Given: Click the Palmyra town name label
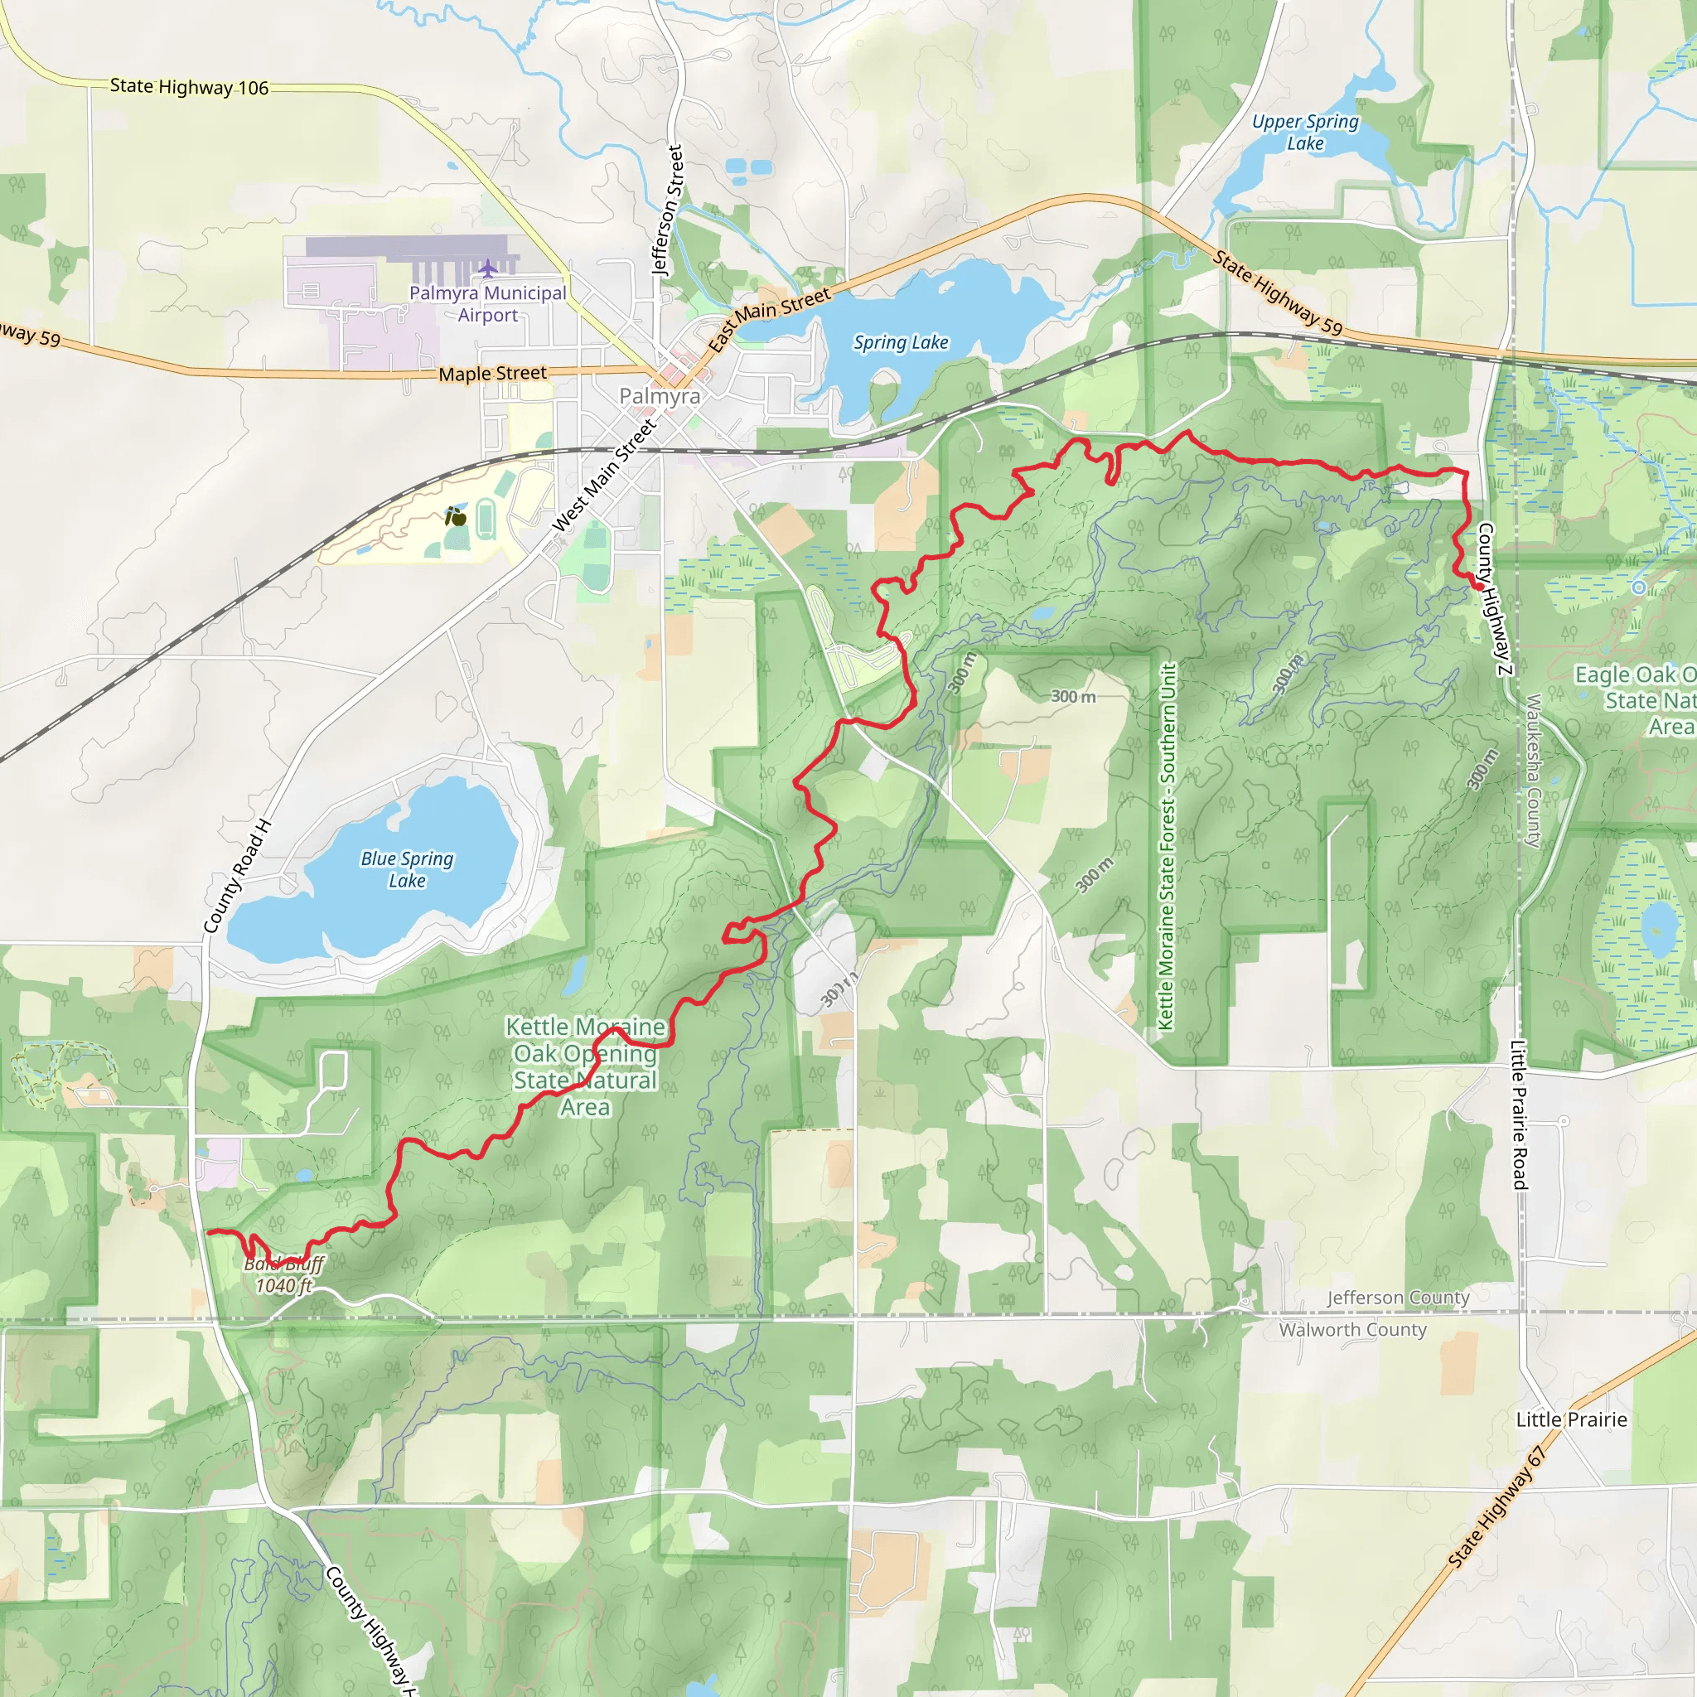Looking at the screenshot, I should tap(660, 396).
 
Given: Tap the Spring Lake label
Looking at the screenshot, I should tap(901, 342).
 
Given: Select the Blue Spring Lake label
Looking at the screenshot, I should tap(407, 869).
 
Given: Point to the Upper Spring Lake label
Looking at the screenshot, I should tap(1305, 133).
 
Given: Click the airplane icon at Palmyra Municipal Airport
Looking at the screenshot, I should tap(488, 267).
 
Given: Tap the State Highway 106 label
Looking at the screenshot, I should tap(189, 87).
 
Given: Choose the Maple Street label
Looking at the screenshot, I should tap(492, 374).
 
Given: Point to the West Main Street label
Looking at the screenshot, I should tap(604, 475).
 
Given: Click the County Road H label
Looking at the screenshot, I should tap(238, 876).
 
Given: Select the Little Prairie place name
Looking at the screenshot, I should tap(1571, 1419).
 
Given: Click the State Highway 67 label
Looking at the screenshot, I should tap(1496, 1507).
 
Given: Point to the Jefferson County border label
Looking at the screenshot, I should tap(1398, 1298).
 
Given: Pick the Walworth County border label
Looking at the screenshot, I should tap(1352, 1330).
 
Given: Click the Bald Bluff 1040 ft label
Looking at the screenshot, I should tap(283, 1274).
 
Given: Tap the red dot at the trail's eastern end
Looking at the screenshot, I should tap(1479, 586).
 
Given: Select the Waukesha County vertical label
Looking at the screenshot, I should tap(1534, 771).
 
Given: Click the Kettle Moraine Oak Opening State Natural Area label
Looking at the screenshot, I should tap(585, 1066).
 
